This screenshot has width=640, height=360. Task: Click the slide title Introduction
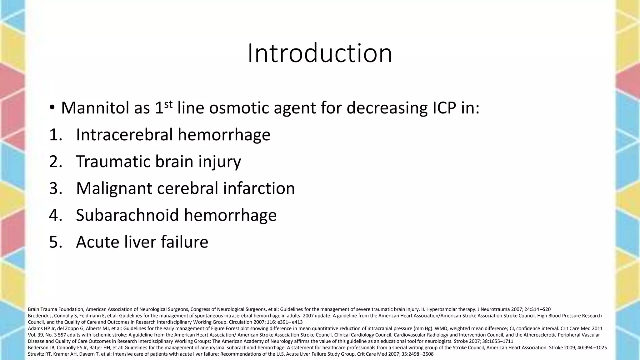tap(320, 53)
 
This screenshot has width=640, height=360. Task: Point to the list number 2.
tap(55, 162)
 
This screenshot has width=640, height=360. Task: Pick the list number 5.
tap(55, 242)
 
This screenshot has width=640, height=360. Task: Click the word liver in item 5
tap(139, 242)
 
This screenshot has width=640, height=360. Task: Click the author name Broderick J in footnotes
tap(39, 316)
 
